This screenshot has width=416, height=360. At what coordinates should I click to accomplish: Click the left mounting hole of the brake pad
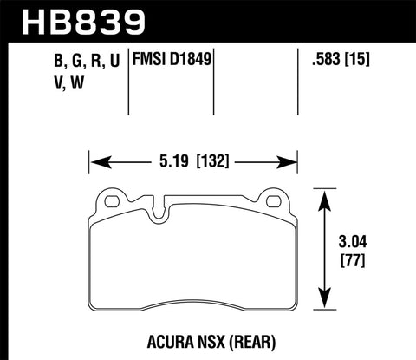(x=111, y=203)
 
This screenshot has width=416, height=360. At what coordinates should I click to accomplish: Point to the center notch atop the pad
(x=159, y=208)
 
